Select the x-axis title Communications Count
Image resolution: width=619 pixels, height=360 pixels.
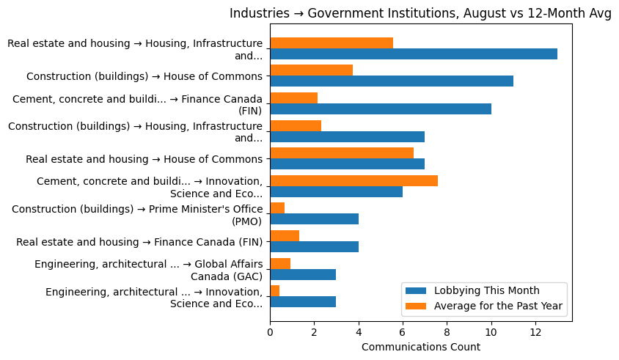point(420,347)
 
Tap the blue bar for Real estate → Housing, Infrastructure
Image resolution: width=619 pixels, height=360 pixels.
point(414,54)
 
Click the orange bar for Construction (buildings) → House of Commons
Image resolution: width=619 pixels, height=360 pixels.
point(311,70)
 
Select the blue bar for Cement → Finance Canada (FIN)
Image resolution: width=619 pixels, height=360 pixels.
point(381,109)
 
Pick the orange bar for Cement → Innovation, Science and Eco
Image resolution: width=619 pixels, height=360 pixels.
point(354,181)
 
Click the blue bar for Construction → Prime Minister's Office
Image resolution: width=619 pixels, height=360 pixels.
point(314,219)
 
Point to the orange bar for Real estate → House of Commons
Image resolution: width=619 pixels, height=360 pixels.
point(342,153)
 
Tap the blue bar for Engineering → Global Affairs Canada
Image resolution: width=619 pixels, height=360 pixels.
point(303,274)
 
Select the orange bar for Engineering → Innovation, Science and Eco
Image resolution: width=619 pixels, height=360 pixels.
point(274,291)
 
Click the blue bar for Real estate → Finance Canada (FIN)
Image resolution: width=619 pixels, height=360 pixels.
point(314,247)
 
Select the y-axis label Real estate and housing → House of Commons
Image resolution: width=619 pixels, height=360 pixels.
point(144,159)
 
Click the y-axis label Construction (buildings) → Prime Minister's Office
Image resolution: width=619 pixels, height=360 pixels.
point(137,215)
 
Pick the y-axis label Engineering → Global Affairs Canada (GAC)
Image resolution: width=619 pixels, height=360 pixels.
point(148,270)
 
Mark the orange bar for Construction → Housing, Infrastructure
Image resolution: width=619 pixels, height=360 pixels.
point(296,126)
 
